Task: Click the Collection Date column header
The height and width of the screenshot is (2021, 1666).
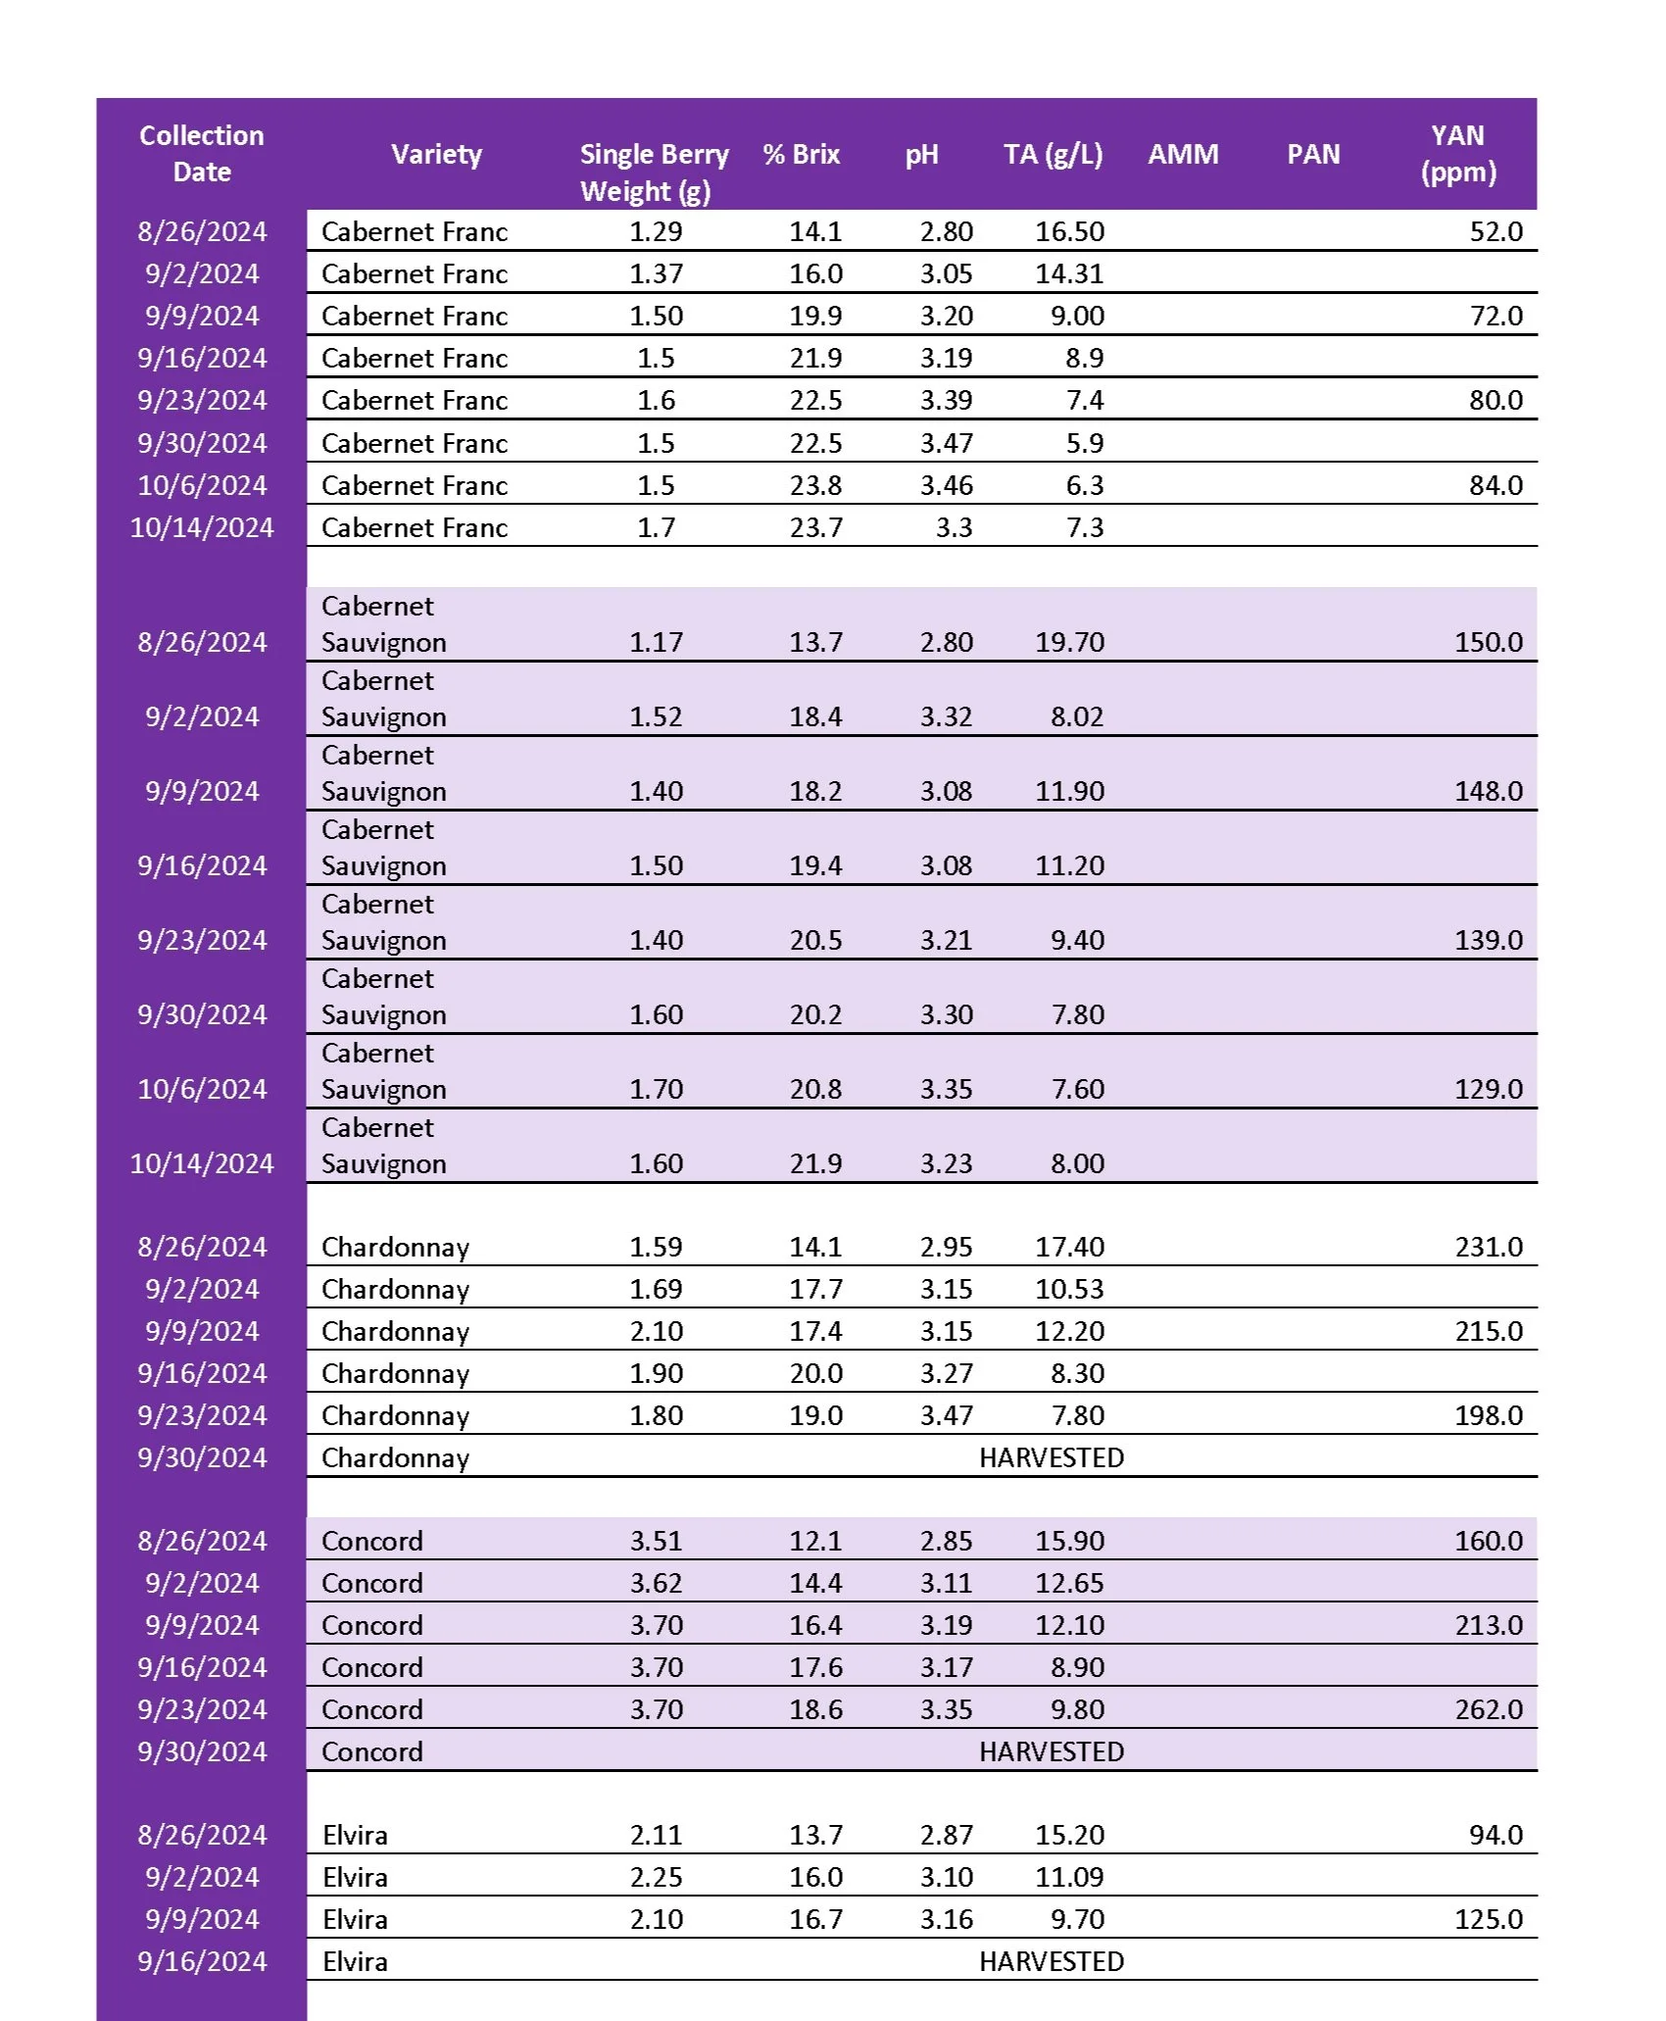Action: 201,154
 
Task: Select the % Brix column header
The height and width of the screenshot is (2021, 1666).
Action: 801,155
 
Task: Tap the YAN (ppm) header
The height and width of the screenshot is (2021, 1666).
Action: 1457,154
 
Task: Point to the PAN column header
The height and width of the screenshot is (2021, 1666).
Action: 1312,155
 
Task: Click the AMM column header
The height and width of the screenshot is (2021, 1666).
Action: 1183,155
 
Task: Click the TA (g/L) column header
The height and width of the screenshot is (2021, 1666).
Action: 1053,155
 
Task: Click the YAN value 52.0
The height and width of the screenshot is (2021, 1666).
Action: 1495,232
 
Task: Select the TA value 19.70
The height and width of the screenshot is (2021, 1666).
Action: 1069,643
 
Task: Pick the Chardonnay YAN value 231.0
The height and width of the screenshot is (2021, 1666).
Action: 1488,1248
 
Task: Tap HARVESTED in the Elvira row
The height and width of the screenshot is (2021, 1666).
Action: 1051,1962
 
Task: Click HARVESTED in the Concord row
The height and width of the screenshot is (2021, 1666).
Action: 1051,1752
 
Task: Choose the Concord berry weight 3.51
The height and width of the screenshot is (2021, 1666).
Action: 656,1542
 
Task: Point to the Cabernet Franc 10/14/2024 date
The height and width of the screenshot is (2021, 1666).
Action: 201,528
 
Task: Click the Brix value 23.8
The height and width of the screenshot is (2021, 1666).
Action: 815,486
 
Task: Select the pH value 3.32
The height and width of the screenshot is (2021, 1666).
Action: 946,717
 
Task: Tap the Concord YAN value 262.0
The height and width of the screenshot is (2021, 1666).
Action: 1488,1710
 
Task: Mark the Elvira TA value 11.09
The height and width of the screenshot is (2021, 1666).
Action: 1069,1878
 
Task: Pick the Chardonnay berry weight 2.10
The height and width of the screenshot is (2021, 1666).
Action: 656,1332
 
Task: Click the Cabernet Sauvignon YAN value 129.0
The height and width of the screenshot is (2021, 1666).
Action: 1488,1090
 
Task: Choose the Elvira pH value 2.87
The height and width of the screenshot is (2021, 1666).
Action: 946,1836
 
